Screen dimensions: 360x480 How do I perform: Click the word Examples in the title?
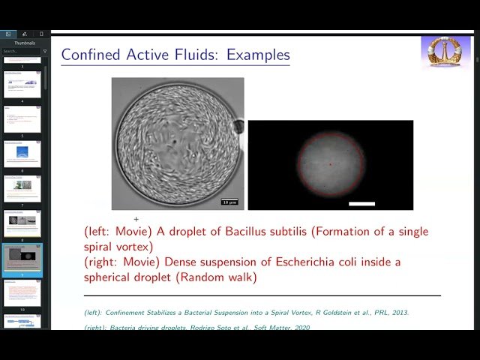click(x=258, y=55)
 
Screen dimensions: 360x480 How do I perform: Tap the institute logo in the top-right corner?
click(x=445, y=52)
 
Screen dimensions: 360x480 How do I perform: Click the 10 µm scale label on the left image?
click(x=229, y=202)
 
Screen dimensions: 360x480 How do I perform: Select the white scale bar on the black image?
click(x=361, y=202)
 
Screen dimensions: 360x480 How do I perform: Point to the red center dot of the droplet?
click(x=331, y=164)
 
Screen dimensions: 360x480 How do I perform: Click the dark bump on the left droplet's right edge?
click(x=238, y=127)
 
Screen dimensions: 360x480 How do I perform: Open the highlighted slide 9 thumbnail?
click(x=22, y=259)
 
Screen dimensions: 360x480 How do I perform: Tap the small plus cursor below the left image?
click(x=136, y=218)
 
